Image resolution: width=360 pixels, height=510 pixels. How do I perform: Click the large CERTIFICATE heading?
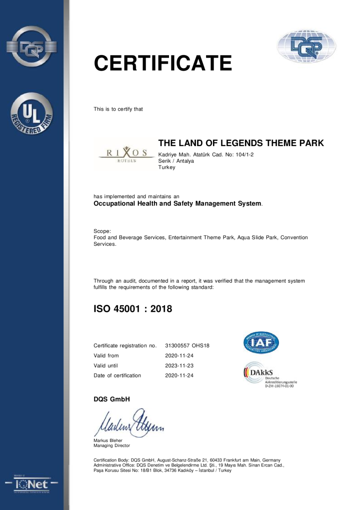(163, 63)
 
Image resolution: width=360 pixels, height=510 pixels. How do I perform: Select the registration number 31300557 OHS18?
(187, 346)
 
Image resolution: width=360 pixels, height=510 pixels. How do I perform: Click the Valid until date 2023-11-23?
(179, 365)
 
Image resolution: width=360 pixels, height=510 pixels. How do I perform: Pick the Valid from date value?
(179, 356)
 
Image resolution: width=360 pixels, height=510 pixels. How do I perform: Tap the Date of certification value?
(179, 375)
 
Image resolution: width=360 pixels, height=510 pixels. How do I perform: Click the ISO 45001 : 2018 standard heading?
(133, 309)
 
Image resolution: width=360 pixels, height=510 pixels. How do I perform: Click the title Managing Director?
(111, 445)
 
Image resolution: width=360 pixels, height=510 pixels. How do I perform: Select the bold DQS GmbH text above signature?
(111, 399)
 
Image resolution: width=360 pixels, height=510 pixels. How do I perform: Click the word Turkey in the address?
(166, 168)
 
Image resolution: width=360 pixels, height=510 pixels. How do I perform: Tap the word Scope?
(102, 231)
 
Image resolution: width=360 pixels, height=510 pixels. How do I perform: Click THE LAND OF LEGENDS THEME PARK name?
(241, 143)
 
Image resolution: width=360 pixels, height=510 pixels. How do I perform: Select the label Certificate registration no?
(125, 346)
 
